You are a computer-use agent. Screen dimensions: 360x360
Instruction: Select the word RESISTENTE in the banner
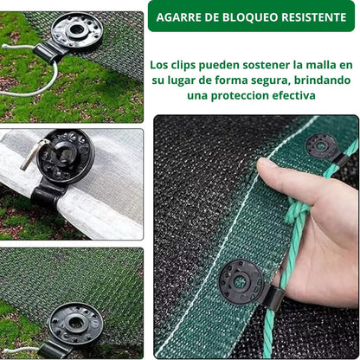314,17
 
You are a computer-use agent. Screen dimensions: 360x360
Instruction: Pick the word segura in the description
270,80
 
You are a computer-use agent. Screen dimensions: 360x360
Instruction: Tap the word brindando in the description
322,80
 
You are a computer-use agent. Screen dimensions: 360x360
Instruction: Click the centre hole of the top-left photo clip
76,29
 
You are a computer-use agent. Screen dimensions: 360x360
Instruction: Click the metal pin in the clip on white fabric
33,153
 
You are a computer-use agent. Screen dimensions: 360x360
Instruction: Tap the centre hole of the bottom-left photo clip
76,323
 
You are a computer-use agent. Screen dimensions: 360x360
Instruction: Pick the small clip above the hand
325,148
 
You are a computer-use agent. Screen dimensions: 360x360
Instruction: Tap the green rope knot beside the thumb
297,208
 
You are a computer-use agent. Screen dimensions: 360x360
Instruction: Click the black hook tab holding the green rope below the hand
273,297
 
